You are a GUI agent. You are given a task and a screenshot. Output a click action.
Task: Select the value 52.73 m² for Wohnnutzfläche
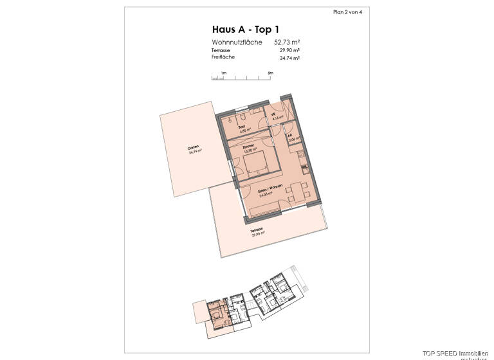click(x=287, y=42)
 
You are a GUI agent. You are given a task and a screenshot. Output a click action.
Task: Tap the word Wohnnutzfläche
click(x=237, y=42)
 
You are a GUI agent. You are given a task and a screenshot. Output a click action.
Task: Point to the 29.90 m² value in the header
click(x=289, y=50)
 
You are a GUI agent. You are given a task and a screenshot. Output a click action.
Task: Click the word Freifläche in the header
click(x=223, y=57)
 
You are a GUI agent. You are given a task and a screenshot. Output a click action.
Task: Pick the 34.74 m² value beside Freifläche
click(x=289, y=58)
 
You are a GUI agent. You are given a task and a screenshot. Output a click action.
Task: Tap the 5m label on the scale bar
click(x=270, y=73)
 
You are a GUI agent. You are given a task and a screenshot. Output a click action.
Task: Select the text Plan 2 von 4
click(x=347, y=12)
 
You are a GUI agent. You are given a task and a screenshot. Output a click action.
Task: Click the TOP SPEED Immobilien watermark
click(x=457, y=353)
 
